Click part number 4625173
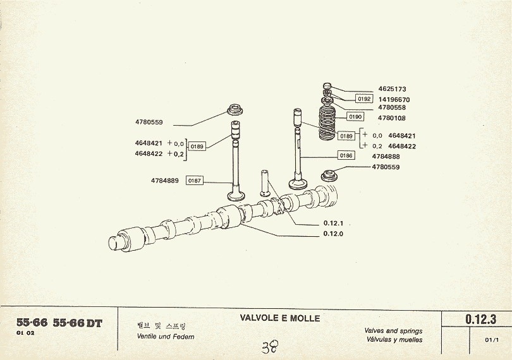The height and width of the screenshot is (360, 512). pyautogui.click(x=392, y=89)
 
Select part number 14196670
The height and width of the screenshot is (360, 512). pyautogui.click(x=394, y=99)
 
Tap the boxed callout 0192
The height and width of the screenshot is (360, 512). pyautogui.click(x=364, y=99)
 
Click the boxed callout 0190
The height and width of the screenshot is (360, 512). pyautogui.click(x=355, y=117)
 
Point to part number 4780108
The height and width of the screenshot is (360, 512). pyautogui.click(x=391, y=117)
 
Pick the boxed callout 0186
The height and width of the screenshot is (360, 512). pyautogui.click(x=346, y=155)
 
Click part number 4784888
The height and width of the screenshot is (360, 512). pyautogui.click(x=386, y=156)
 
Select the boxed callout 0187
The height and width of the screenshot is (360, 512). pyautogui.click(x=195, y=181)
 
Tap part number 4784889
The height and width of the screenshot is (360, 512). pyautogui.click(x=164, y=181)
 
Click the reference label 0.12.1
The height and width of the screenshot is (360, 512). pyautogui.click(x=332, y=223)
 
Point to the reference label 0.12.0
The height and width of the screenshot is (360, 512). pyautogui.click(x=332, y=234)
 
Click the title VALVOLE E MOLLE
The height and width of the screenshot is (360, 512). pyautogui.click(x=280, y=318)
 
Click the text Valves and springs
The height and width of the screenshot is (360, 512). pyautogui.click(x=394, y=331)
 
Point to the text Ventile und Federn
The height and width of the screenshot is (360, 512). pyautogui.click(x=166, y=337)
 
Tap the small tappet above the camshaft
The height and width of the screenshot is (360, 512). pyautogui.click(x=265, y=183)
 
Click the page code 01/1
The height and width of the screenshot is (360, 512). pyautogui.click(x=492, y=340)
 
